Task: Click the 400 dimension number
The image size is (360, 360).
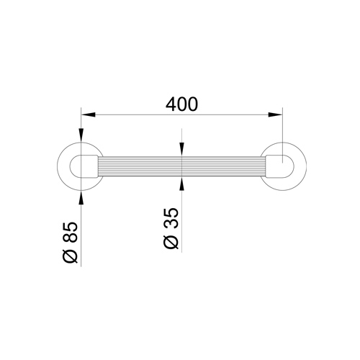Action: [x=182, y=104]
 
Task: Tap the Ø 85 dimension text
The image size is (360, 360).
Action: [x=71, y=243]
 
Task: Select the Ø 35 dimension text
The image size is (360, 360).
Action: [x=171, y=228]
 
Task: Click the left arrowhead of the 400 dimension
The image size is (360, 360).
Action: [x=89, y=114]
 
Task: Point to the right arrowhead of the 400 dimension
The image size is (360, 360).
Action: [x=275, y=114]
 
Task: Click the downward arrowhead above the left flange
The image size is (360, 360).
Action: [x=81, y=135]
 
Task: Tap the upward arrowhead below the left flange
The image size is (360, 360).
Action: [x=81, y=198]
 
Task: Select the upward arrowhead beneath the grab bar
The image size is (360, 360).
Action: [x=182, y=184]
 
